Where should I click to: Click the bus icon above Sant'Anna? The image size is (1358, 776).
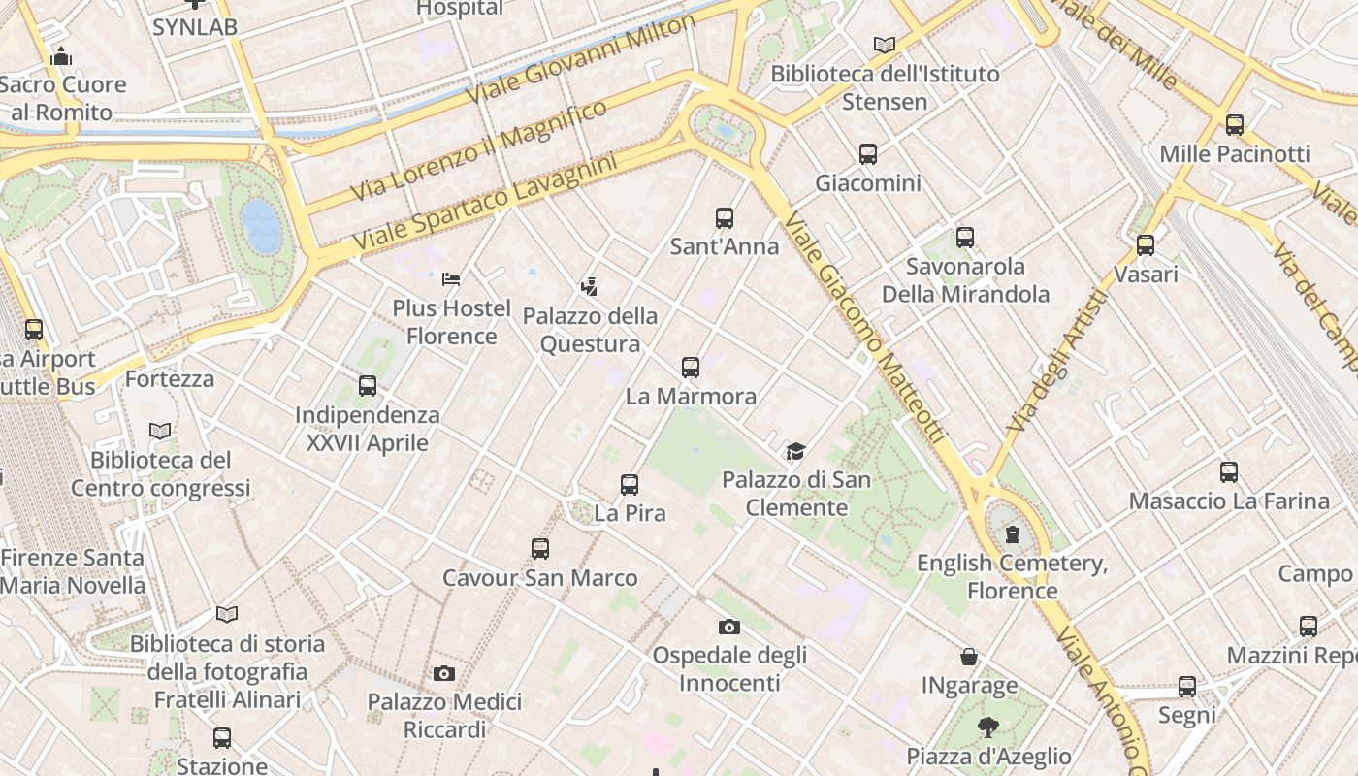coord(725,218)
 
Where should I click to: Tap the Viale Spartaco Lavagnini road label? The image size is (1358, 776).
coord(485,201)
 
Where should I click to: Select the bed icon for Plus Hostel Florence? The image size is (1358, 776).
coord(451,279)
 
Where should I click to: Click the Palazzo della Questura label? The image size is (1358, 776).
coord(590,330)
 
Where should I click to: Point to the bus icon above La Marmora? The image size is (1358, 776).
coord(691,368)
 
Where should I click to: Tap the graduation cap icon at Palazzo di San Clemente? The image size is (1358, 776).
coord(795,451)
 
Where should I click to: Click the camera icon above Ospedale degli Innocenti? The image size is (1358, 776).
coord(729,628)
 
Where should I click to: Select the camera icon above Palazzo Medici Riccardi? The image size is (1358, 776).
coord(444,673)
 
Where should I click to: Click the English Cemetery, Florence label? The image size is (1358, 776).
coord(1013,576)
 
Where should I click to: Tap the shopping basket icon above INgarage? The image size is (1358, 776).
coord(969,657)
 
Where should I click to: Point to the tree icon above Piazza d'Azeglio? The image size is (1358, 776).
coord(988,727)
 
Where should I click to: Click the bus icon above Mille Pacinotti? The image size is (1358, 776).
coord(1235,125)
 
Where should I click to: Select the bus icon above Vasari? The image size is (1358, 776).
coord(1146,245)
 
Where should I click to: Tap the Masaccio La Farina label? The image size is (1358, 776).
coord(1229,501)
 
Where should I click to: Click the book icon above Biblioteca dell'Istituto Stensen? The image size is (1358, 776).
coord(884,45)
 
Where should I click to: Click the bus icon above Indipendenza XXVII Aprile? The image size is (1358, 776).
coord(368,386)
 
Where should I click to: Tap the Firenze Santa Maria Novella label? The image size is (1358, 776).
coord(73,571)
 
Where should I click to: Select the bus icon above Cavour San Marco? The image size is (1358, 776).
coord(540,549)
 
